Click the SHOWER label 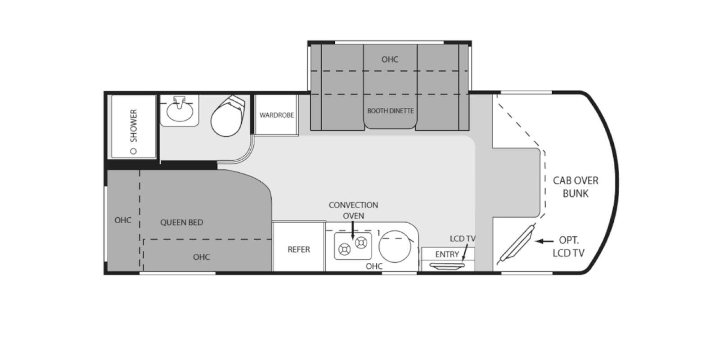(133, 126)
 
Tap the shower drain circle (133, 151)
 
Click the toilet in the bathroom (228, 117)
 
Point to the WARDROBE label (277, 115)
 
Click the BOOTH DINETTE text (390, 111)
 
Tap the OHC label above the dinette (390, 59)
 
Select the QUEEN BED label (182, 222)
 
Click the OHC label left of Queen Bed (123, 220)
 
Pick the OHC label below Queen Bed (202, 257)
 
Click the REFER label (299, 249)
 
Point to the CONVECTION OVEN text (353, 210)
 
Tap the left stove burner (344, 249)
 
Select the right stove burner (361, 243)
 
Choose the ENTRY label (447, 254)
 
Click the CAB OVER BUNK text (576, 187)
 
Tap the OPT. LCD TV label (569, 247)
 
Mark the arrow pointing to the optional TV (544, 241)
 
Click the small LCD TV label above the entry (463, 238)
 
